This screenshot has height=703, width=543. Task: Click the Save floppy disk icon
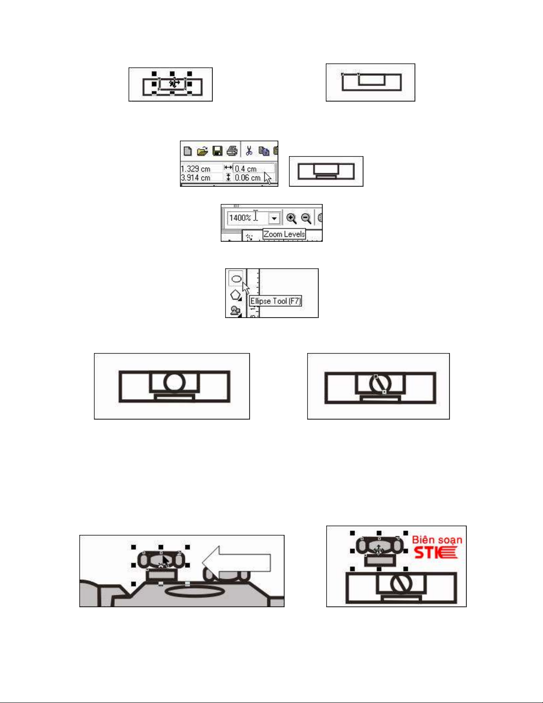(x=217, y=151)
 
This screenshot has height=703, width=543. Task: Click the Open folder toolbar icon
(x=202, y=151)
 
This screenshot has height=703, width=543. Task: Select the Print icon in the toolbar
(x=232, y=151)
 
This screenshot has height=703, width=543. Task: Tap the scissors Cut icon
(x=249, y=151)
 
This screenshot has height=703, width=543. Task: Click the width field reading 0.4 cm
(x=254, y=169)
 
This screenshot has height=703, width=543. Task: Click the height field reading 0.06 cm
(x=249, y=177)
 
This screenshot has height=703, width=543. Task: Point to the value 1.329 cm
(x=195, y=169)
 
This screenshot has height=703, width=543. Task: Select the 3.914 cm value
(x=195, y=177)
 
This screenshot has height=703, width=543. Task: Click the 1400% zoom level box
(x=248, y=218)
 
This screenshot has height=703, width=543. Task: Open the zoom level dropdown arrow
(x=274, y=218)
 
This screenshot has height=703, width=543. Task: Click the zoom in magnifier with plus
(x=291, y=218)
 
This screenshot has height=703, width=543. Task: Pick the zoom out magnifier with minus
(x=306, y=218)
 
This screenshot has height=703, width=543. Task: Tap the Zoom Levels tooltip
(x=284, y=234)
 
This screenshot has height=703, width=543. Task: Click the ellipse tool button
(x=236, y=279)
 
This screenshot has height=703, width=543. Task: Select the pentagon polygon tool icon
(x=236, y=295)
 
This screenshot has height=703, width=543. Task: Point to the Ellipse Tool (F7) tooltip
(x=275, y=301)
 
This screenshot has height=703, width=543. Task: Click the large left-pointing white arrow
(x=237, y=562)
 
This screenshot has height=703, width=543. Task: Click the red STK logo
(x=435, y=553)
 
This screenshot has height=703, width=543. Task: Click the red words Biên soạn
(x=437, y=540)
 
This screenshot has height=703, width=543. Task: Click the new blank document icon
(x=188, y=151)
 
